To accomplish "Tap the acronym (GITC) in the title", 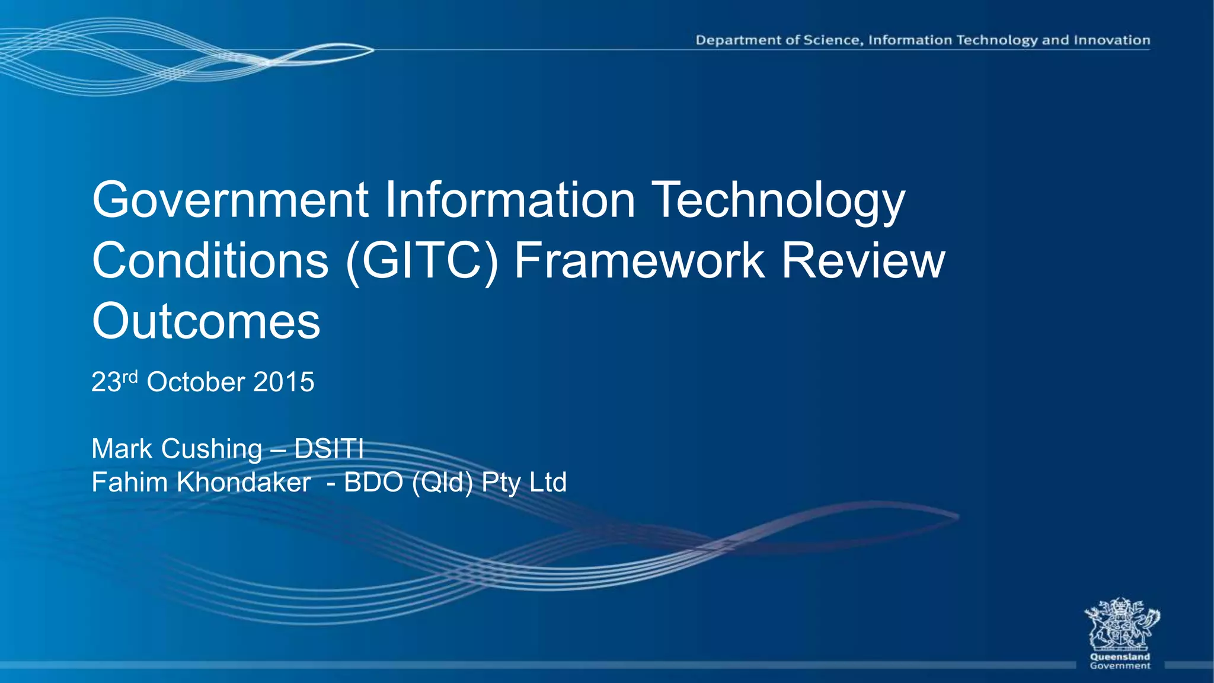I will click(x=422, y=261).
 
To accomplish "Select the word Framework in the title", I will click(x=639, y=261).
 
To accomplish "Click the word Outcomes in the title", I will click(x=206, y=321).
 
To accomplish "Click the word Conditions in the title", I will click(x=210, y=261).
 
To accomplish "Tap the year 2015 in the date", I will click(x=283, y=382).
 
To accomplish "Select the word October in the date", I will click(x=196, y=382).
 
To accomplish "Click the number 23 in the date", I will click(x=106, y=382).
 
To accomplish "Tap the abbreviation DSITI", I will click(x=328, y=449).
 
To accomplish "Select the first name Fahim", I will click(x=129, y=483).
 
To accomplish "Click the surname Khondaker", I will click(x=244, y=483).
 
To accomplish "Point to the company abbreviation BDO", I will click(x=373, y=483).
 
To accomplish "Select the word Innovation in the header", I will click(x=1112, y=40).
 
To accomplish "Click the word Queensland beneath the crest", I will click(x=1120, y=657).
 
